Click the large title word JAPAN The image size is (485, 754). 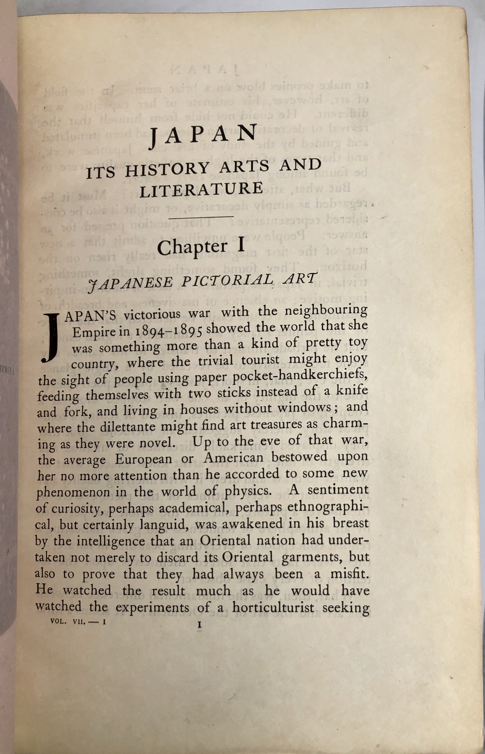coord(203,136)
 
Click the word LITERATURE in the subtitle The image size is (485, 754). coord(201,189)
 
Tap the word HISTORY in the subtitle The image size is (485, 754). coord(167,170)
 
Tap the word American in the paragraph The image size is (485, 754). coord(233,458)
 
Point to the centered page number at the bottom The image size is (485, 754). coord(199,625)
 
